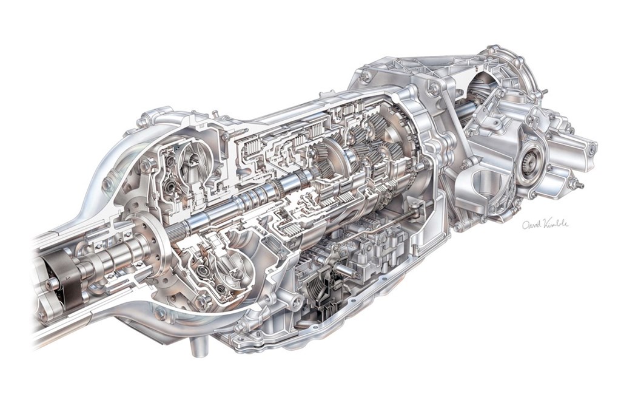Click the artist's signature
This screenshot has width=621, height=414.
[x=545, y=224]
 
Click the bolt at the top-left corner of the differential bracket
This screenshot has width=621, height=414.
[x=366, y=77]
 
